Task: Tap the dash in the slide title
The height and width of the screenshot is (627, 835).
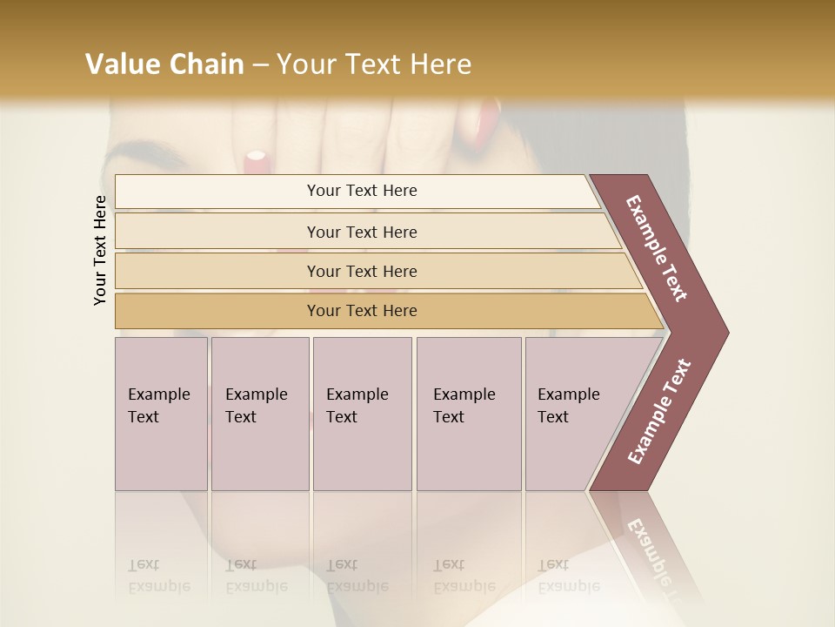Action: (260, 65)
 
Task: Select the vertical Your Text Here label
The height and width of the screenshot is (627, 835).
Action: (100, 250)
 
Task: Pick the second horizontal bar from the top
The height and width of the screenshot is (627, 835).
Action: (362, 232)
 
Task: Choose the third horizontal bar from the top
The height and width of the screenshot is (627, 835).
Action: (362, 271)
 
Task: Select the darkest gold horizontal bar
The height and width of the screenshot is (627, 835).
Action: (362, 311)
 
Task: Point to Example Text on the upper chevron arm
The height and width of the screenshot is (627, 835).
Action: (657, 248)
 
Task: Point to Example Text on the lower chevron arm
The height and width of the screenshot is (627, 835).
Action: (660, 411)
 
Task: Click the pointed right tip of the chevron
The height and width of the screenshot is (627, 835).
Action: (726, 332)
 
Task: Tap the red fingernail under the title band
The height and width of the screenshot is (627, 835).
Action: (487, 122)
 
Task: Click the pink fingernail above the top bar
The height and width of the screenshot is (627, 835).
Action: (256, 158)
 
